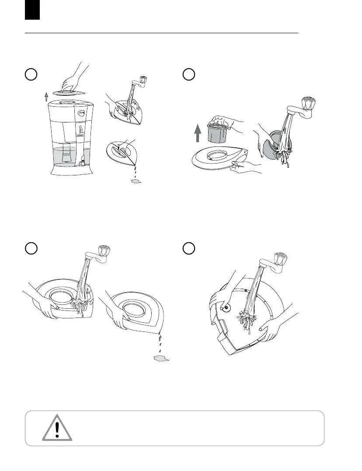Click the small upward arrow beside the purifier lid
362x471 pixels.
46,97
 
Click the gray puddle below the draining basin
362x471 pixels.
161,359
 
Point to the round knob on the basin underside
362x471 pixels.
227,308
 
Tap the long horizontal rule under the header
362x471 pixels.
161,33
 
